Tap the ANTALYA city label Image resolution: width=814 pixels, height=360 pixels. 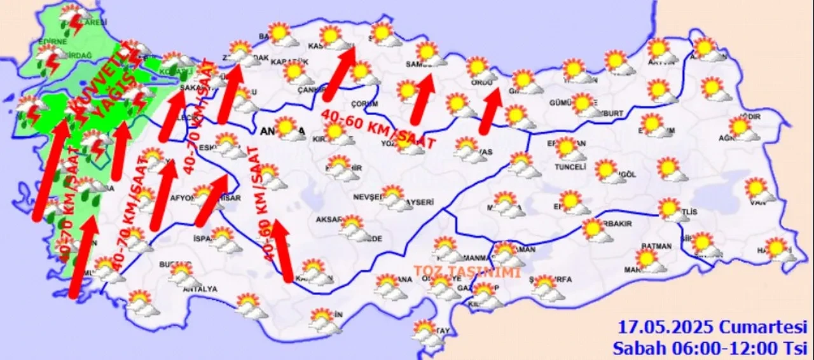200,289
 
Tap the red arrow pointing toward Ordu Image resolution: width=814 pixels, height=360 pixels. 489,111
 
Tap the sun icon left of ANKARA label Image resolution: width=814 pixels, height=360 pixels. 287,127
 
